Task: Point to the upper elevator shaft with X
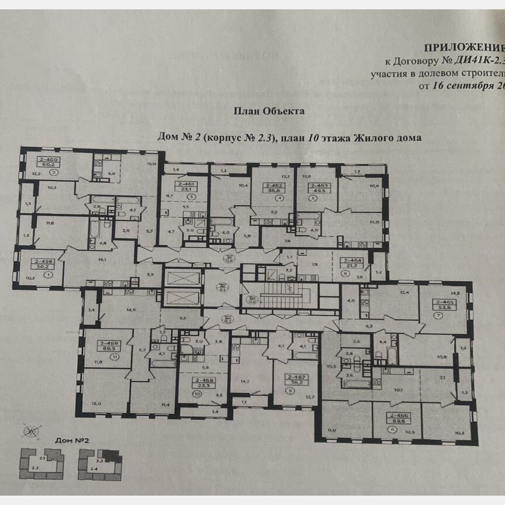tap(183, 277)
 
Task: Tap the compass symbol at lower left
tap(28, 431)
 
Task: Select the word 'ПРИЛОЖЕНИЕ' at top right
tap(462, 48)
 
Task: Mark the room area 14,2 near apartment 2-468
tap(245, 382)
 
